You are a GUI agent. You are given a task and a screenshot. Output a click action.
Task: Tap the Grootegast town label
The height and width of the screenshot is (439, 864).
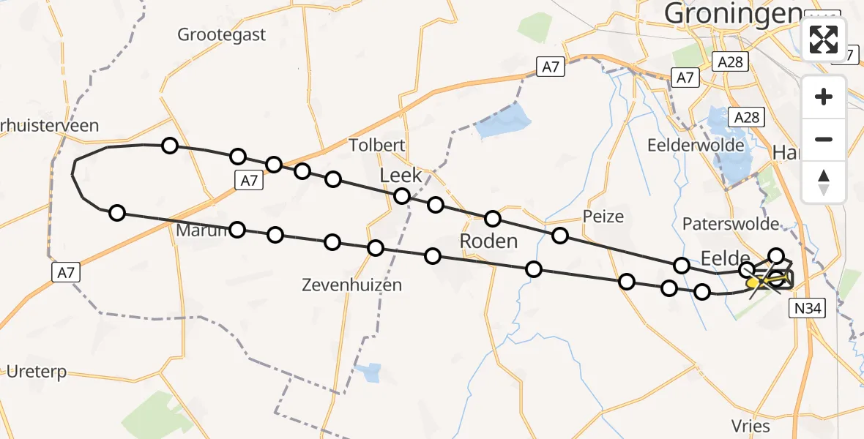tap(222, 34)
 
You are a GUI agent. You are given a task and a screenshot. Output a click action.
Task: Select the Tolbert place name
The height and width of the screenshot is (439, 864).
tap(376, 145)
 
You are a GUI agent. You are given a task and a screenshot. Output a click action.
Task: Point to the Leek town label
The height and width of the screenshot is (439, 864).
tap(401, 176)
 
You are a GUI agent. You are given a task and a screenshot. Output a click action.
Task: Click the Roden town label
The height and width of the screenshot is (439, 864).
tap(488, 241)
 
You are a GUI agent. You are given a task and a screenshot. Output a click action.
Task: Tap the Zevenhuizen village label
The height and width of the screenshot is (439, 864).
tap(351, 285)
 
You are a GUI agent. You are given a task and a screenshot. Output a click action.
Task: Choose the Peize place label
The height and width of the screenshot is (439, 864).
tap(603, 216)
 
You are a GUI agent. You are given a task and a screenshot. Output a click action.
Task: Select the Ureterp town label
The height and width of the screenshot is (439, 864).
tap(37, 372)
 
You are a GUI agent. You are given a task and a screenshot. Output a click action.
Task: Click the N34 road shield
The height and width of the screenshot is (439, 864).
tap(808, 309)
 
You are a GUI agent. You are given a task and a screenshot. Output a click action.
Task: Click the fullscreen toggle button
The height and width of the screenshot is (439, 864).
tap(824, 39)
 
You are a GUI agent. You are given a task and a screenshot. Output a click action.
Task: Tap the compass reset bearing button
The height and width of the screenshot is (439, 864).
tap(824, 181)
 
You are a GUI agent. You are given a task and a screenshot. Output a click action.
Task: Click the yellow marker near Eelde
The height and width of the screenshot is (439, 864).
tap(753, 282)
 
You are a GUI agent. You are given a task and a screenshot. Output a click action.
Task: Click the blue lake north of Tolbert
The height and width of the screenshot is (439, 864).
tap(503, 120)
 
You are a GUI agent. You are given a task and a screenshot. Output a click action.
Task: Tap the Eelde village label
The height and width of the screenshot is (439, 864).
tap(726, 258)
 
